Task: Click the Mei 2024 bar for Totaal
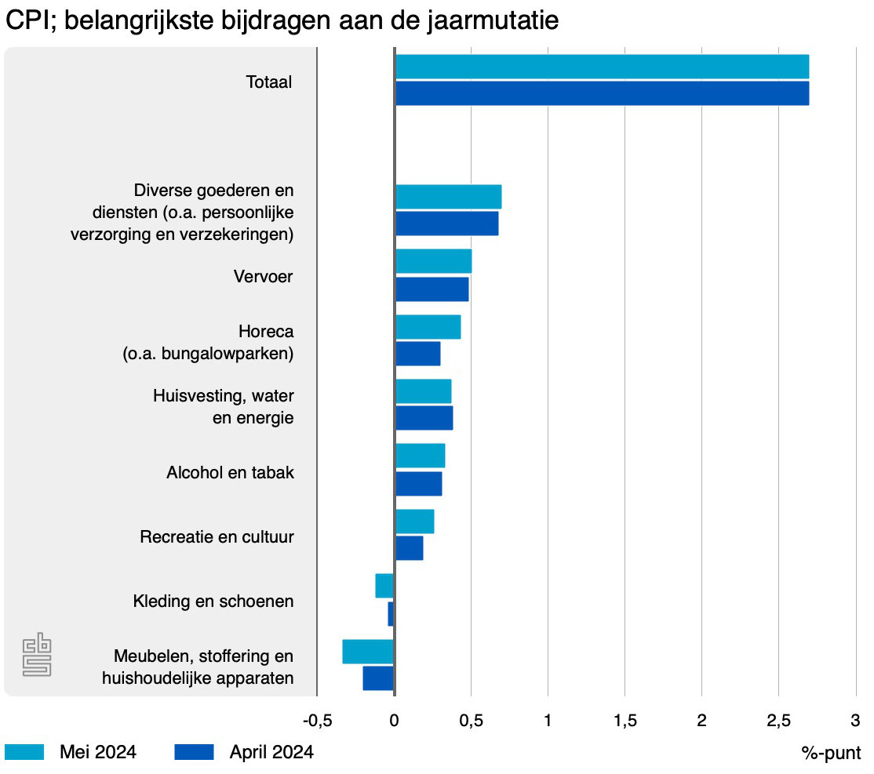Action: click(x=601, y=67)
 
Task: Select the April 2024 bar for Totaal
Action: click(x=601, y=93)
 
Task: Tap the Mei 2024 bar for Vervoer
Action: click(x=433, y=261)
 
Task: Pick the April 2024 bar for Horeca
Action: click(x=417, y=354)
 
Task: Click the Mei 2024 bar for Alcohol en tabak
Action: click(x=420, y=456)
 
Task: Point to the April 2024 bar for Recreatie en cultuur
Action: click(x=409, y=548)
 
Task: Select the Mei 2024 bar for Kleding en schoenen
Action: click(x=384, y=586)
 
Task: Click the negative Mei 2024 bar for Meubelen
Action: click(x=368, y=651)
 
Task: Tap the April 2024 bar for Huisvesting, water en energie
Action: click(x=424, y=418)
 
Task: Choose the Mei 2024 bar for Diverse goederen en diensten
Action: click(x=448, y=197)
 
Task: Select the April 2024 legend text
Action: click(x=271, y=752)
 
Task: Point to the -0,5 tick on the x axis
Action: click(x=316, y=720)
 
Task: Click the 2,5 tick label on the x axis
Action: click(x=778, y=720)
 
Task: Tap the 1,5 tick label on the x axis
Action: click(x=625, y=720)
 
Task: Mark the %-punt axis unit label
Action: click(x=831, y=753)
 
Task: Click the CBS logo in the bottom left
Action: click(x=37, y=656)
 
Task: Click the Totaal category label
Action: click(x=269, y=82)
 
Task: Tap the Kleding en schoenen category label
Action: click(x=213, y=601)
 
